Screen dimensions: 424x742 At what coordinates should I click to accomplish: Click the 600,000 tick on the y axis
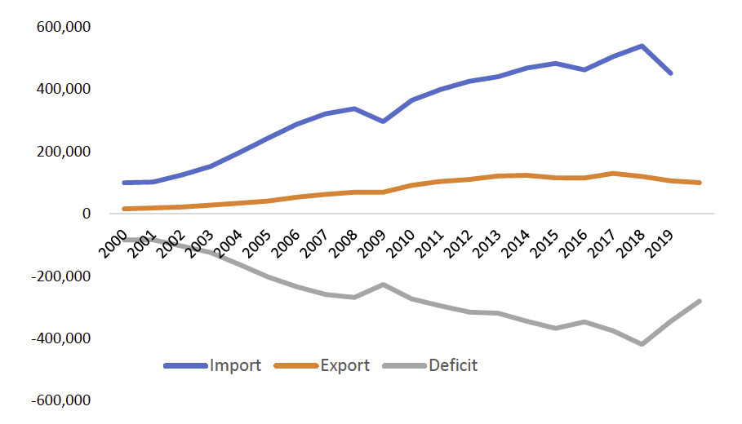coord(63,27)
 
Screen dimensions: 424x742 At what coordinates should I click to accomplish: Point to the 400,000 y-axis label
coord(63,89)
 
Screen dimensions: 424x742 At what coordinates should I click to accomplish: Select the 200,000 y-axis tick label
coord(63,152)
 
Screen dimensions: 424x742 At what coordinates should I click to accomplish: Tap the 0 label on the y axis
coord(84,214)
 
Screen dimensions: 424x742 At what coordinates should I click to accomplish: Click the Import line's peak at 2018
coord(642,46)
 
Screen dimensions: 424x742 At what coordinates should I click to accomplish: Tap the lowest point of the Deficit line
coord(642,344)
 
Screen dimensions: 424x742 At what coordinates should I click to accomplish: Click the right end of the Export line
coord(700,183)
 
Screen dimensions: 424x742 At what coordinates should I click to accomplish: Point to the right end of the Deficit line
coord(700,301)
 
